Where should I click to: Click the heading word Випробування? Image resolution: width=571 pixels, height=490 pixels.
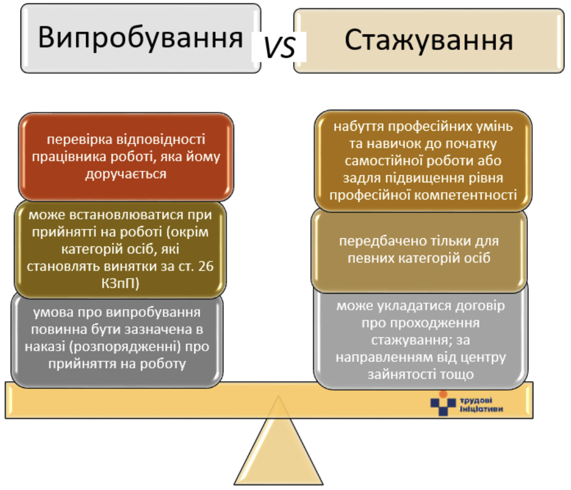(140, 38)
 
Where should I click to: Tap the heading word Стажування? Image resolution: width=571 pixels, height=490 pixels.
(428, 40)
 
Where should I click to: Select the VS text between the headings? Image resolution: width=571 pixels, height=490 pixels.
(279, 48)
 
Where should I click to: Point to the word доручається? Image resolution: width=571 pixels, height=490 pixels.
(126, 174)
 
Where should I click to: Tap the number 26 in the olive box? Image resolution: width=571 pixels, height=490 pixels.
(206, 266)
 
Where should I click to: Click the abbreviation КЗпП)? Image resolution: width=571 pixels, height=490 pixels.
(120, 283)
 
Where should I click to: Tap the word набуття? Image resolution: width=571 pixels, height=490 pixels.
(359, 126)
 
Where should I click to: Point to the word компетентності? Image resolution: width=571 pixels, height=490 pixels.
(466, 195)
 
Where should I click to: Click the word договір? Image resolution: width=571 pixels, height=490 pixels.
(481, 306)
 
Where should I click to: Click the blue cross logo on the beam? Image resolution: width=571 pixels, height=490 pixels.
(443, 403)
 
